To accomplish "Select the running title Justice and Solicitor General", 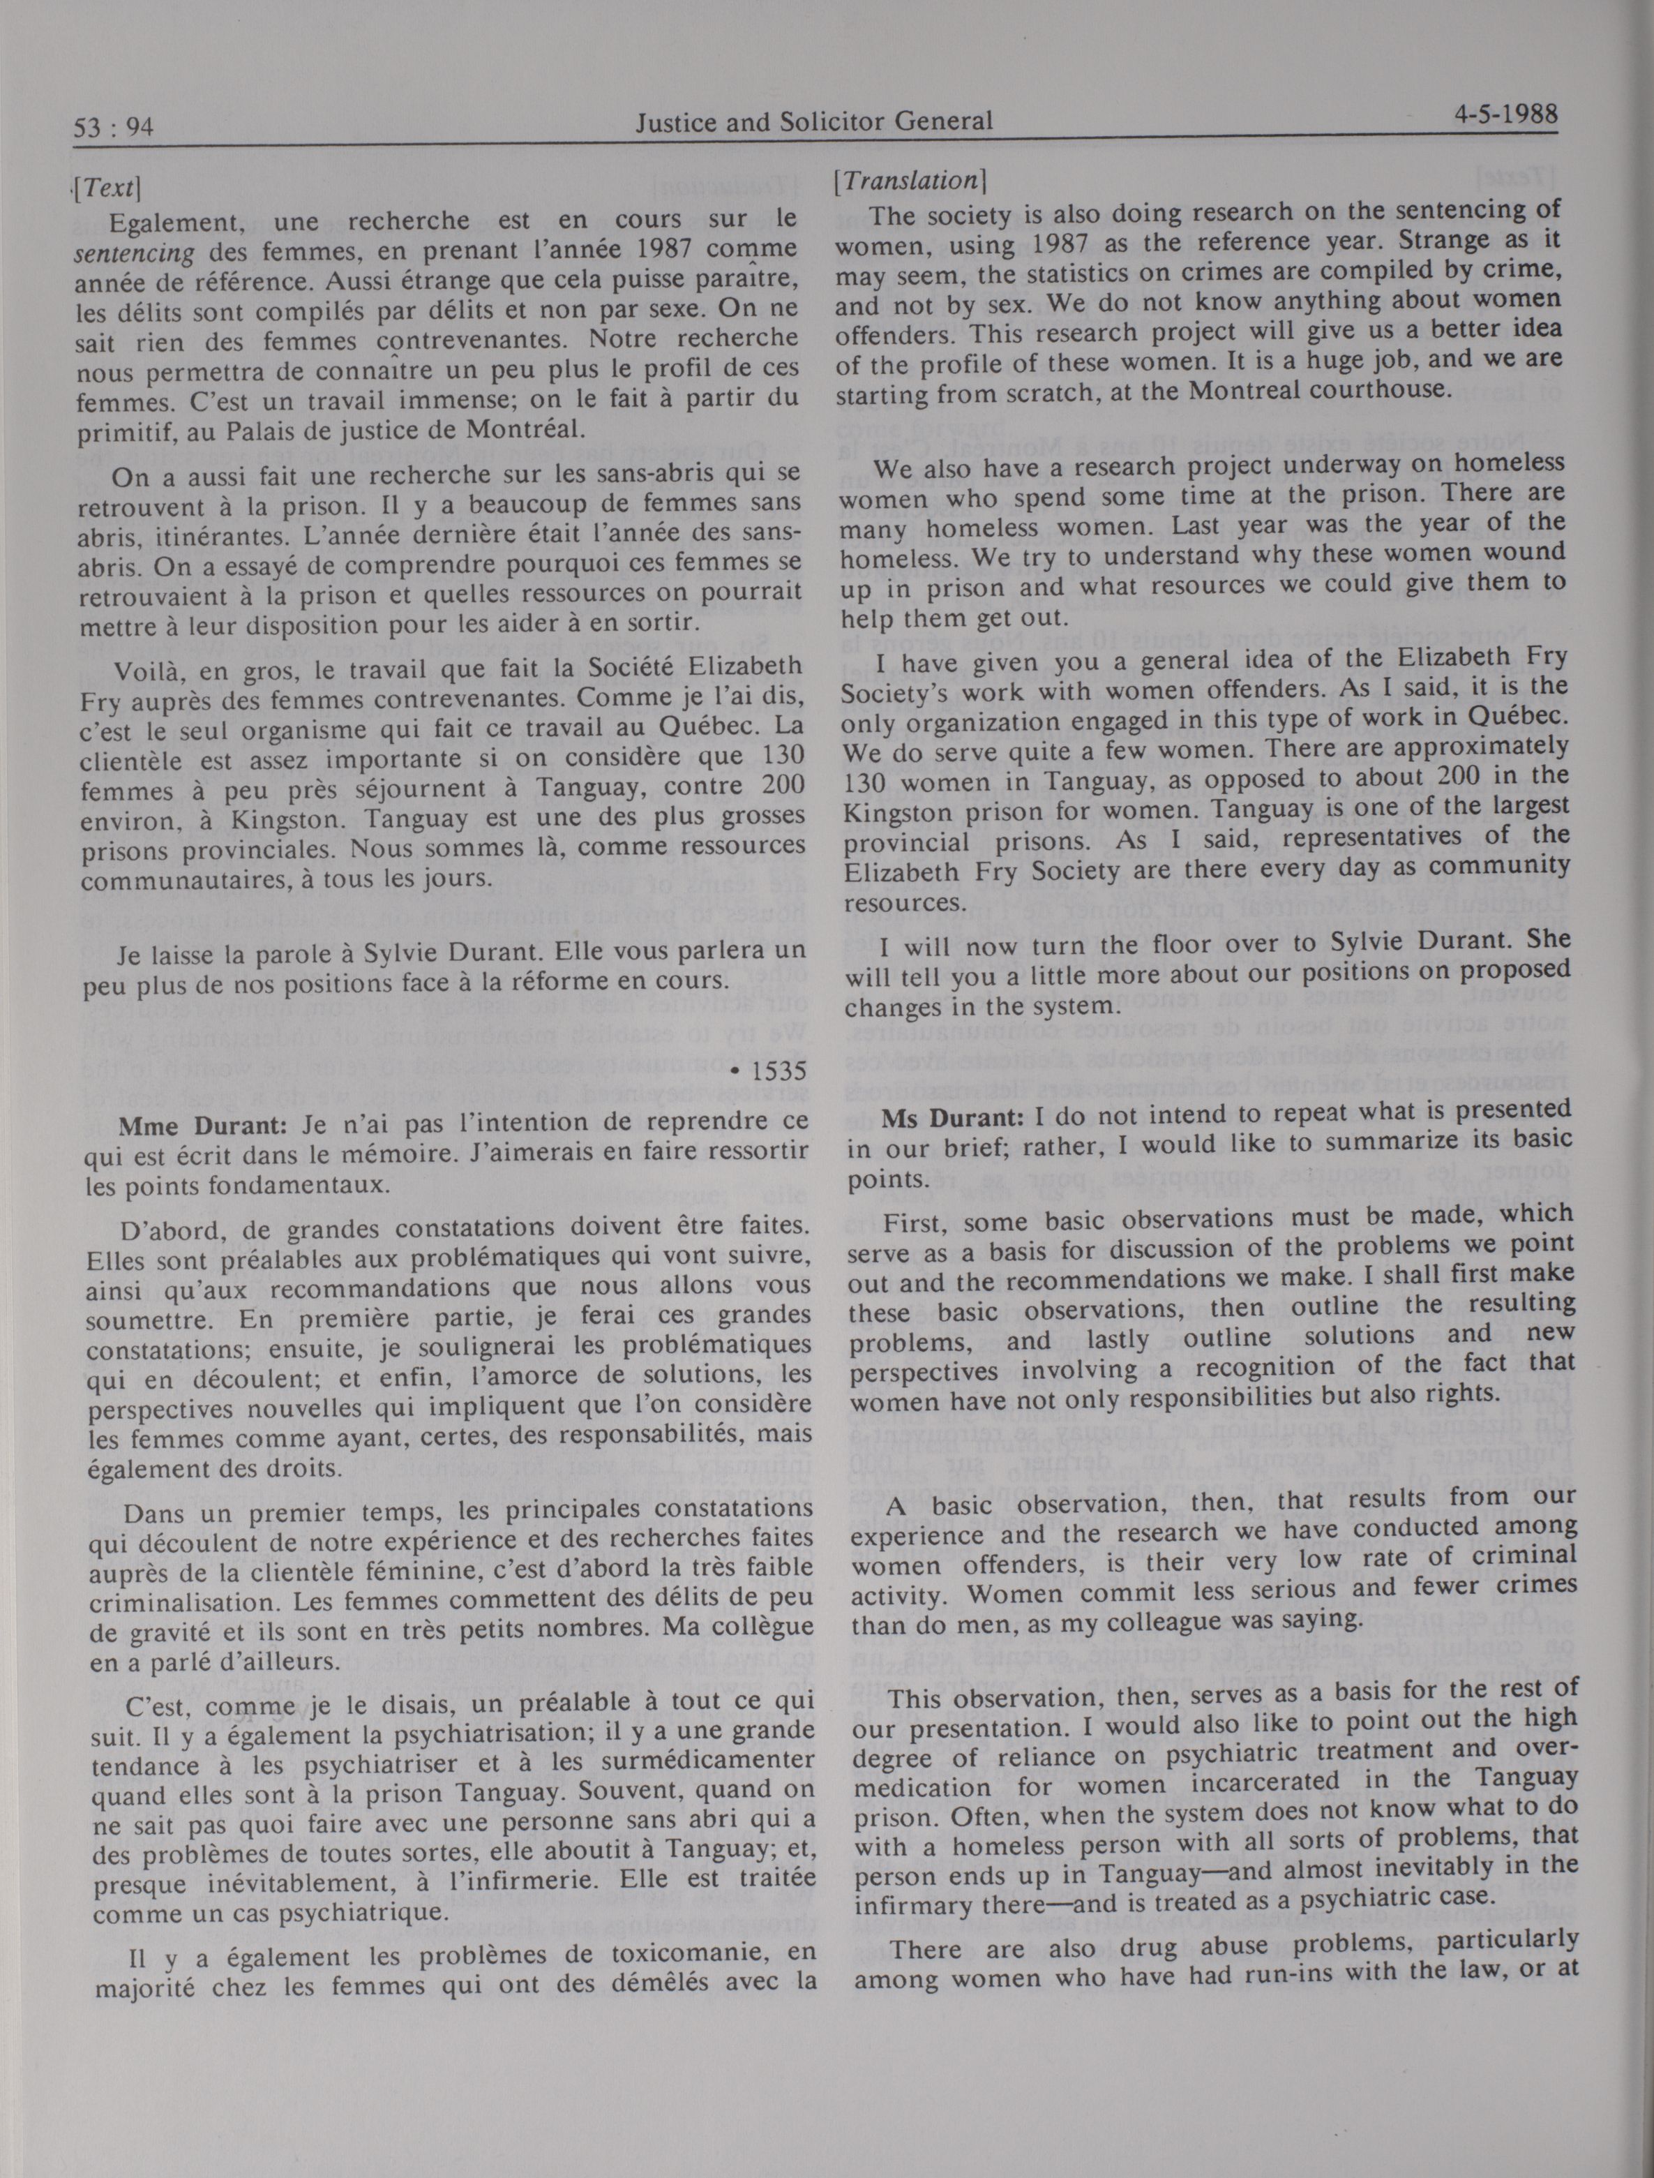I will pyautogui.click(x=813, y=122).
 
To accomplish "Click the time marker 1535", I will pyautogui.click(x=778, y=1071).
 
